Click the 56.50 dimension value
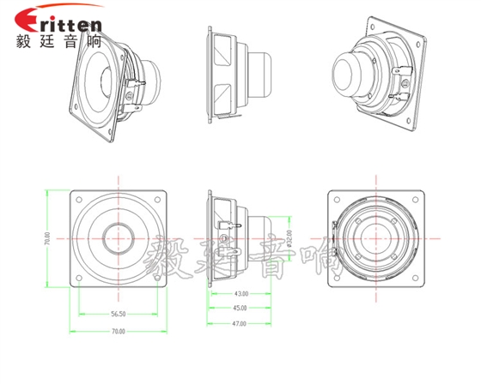118,314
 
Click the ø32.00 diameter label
289,236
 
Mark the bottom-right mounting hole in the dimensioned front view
156,276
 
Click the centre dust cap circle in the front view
118,237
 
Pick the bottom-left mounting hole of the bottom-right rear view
338,276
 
